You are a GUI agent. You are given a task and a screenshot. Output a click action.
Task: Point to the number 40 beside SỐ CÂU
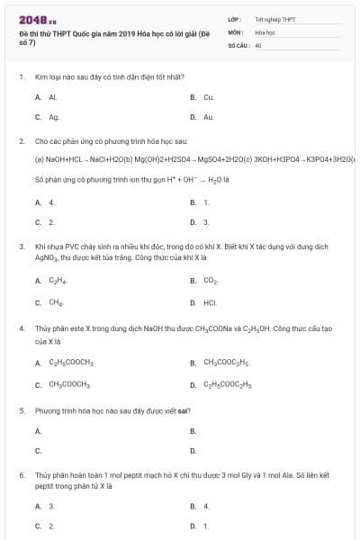[258, 44]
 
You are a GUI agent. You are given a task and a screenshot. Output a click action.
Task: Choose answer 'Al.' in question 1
[53, 96]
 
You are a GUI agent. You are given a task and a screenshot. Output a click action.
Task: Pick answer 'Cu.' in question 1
[208, 96]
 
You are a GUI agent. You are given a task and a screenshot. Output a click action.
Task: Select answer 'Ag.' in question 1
[54, 116]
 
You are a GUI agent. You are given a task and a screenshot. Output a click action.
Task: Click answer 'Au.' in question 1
[208, 116]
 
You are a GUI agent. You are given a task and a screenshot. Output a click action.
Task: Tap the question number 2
[22, 142]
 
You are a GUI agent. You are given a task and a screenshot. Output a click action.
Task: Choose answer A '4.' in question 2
[51, 202]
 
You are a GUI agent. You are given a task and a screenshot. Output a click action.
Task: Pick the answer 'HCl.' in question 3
[210, 302]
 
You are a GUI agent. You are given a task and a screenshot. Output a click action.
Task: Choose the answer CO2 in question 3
[211, 281]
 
